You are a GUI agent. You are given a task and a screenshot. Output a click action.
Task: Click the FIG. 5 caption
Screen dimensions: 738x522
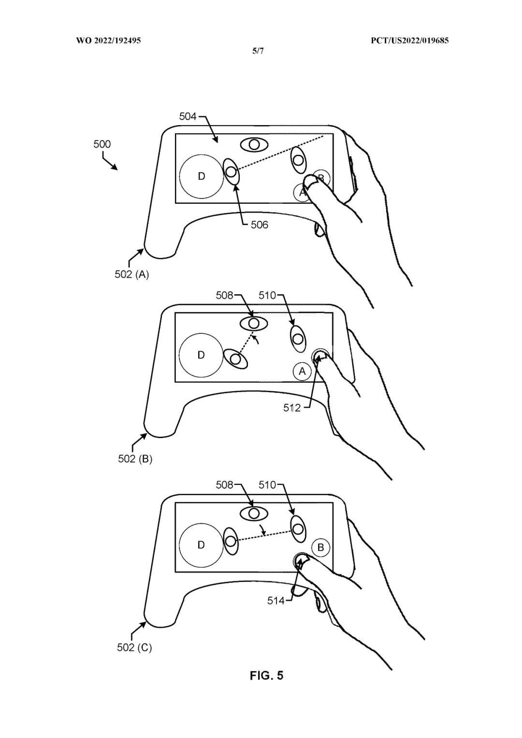[x=266, y=675]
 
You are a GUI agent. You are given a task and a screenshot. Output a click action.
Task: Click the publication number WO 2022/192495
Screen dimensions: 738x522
[x=108, y=41]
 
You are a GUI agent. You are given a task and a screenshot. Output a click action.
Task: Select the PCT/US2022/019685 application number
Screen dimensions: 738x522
[x=409, y=41]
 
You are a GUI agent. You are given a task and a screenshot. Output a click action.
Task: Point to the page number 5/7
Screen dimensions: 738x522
[x=258, y=51]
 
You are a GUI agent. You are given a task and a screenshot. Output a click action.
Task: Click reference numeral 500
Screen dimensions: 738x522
[x=102, y=144]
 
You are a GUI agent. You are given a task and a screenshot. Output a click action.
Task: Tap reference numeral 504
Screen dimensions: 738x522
[x=188, y=116]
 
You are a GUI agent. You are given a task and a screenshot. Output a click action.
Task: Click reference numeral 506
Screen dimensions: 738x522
[x=259, y=225]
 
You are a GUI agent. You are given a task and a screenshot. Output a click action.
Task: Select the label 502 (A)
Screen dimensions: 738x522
[x=131, y=274]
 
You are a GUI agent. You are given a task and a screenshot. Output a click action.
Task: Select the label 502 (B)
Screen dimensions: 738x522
[x=135, y=458]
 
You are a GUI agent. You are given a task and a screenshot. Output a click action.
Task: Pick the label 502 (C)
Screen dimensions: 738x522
[x=134, y=647]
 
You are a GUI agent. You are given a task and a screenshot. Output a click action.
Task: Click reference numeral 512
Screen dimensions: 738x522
[x=292, y=408]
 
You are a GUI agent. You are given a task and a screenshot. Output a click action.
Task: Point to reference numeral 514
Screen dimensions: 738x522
[x=276, y=601]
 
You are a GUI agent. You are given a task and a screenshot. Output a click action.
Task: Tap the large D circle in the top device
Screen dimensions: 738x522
[x=201, y=176]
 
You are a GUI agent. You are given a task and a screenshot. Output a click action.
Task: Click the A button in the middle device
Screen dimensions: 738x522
[x=302, y=371]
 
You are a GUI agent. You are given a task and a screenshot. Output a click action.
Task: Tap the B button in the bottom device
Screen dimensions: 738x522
[x=320, y=548]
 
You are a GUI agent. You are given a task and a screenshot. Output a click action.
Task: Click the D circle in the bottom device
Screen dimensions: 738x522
[x=201, y=545]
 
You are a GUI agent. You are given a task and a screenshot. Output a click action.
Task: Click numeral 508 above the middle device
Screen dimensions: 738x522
[x=224, y=295]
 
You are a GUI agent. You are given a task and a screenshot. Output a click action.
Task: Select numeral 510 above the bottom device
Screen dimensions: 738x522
[x=267, y=484]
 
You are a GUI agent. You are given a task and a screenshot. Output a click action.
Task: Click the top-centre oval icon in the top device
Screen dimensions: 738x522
[x=254, y=144]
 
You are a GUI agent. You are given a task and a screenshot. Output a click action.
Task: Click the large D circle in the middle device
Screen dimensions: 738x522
[x=201, y=355]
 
